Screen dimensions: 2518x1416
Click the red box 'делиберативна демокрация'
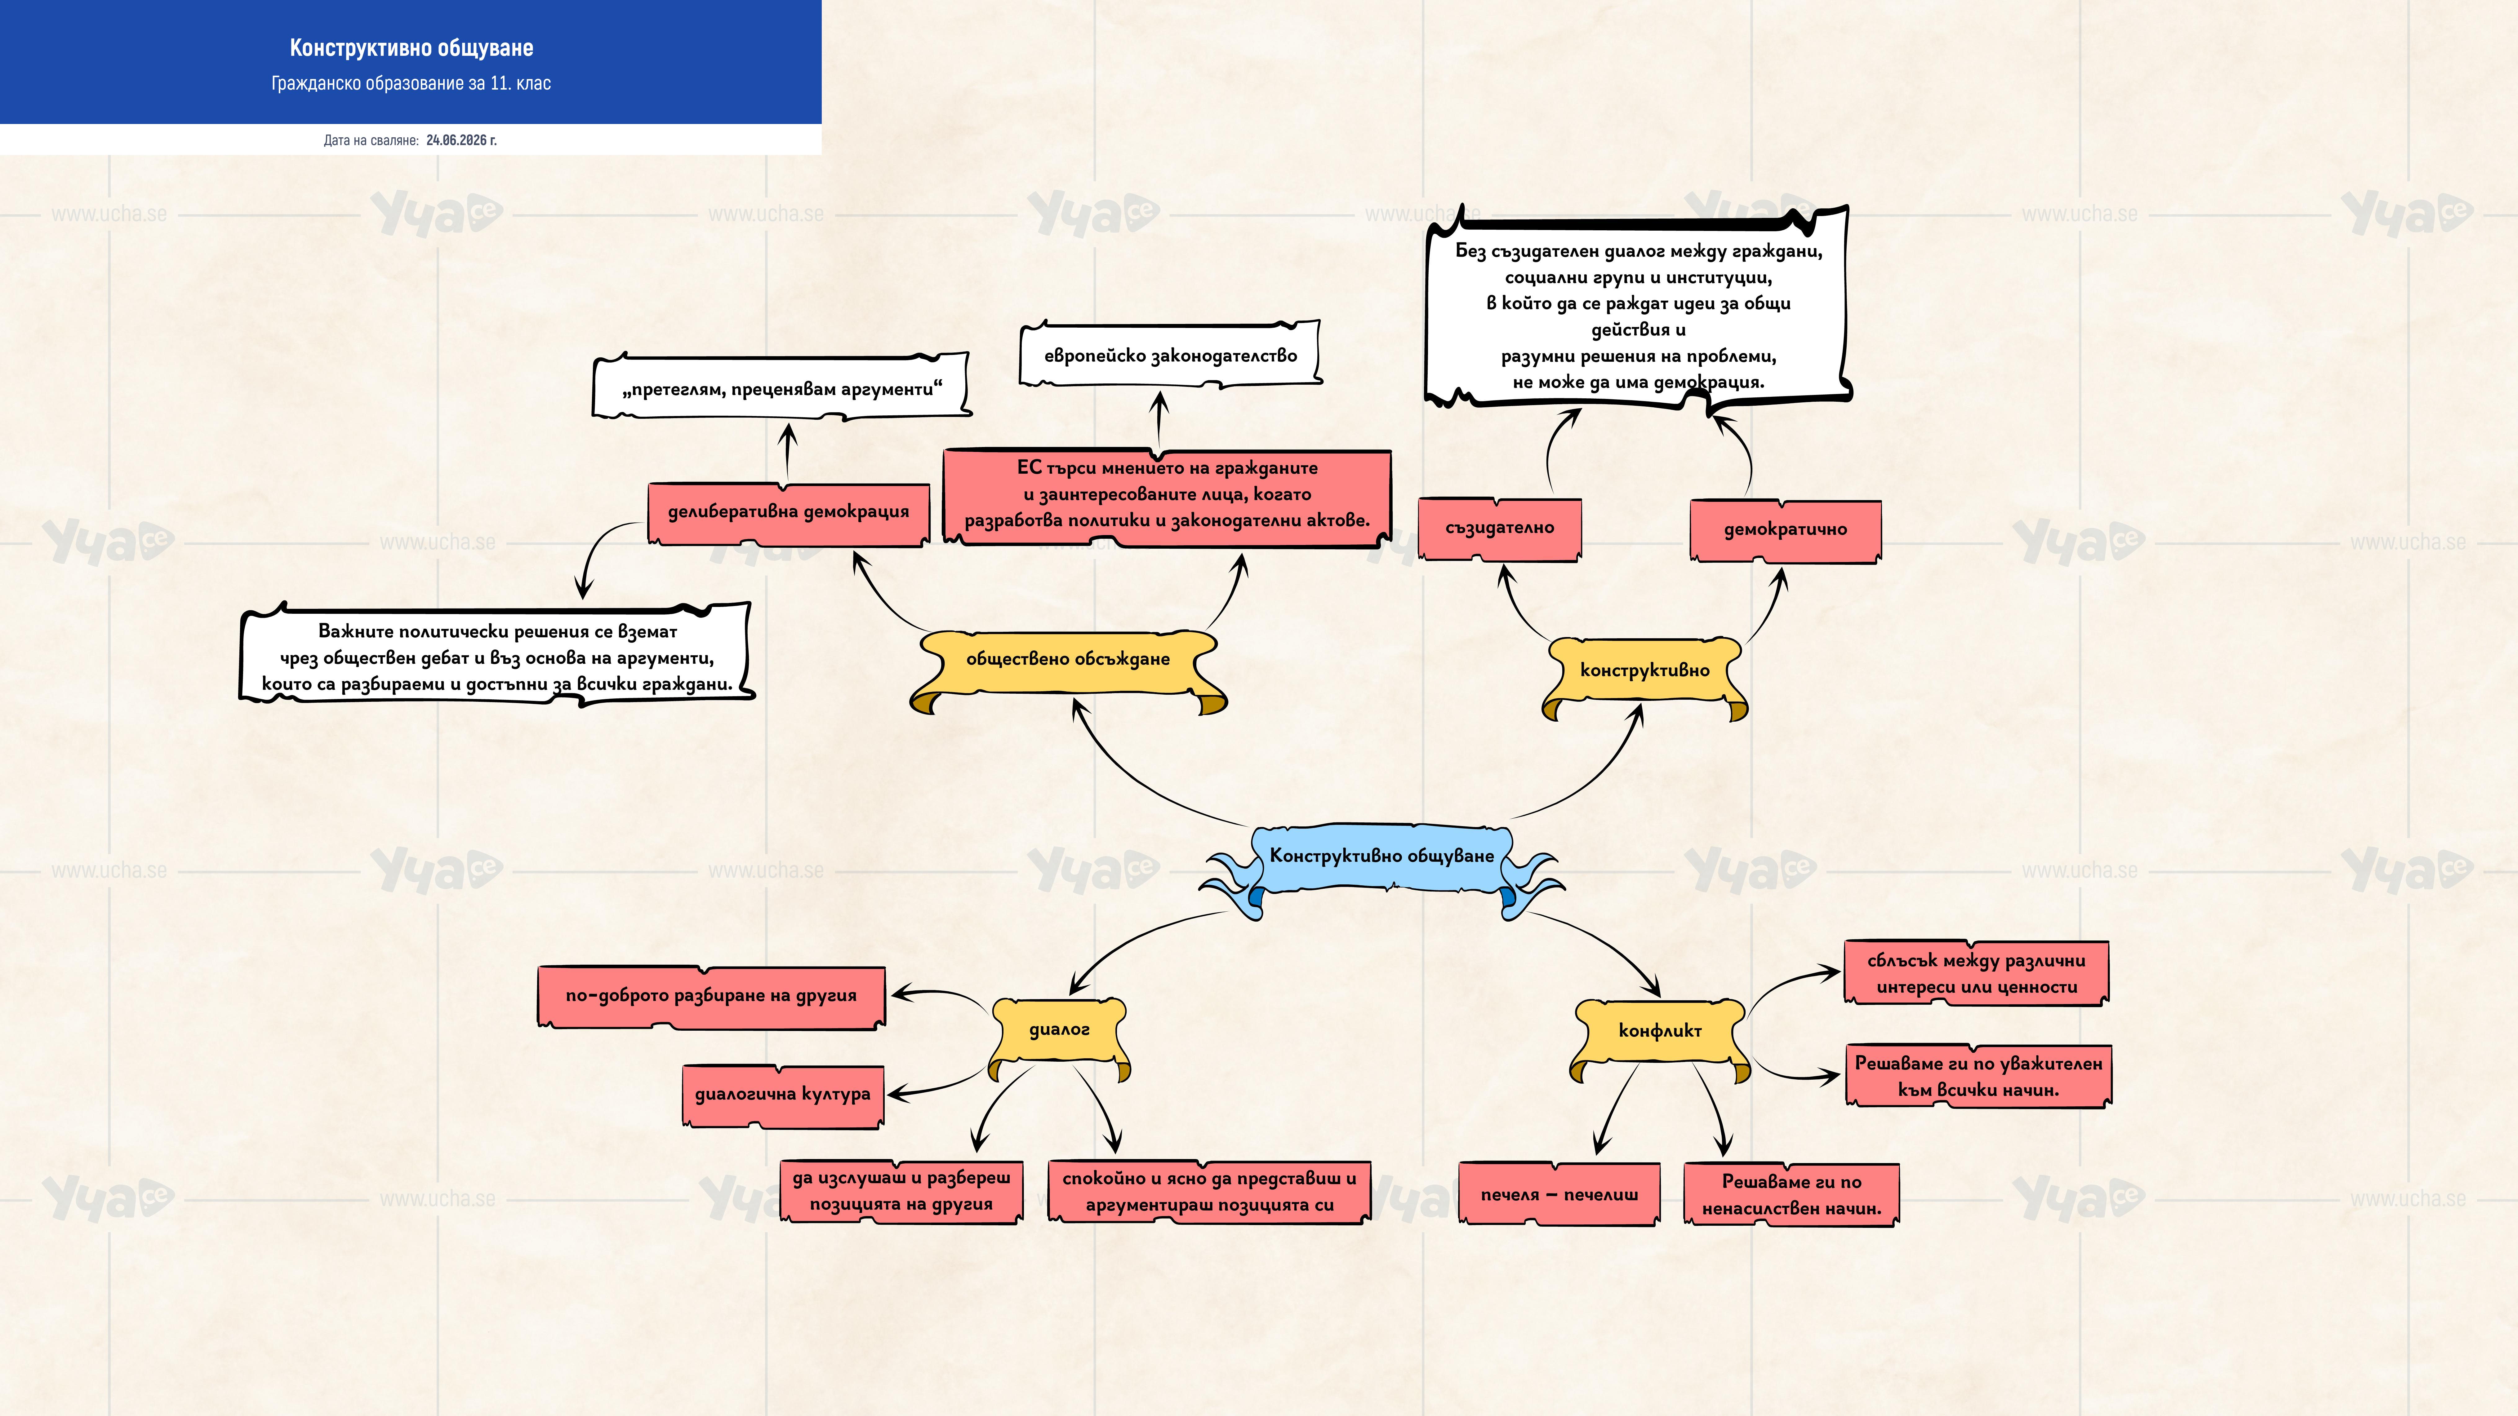point(788,513)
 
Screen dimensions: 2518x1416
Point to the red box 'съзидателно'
point(1499,529)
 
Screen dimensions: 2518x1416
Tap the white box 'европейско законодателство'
point(1170,355)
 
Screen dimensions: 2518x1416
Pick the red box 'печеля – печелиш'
point(1559,1194)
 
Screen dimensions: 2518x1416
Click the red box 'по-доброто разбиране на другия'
point(712,997)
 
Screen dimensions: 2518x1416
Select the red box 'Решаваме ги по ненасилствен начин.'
point(1792,1194)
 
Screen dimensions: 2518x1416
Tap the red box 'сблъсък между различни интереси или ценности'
point(1977,973)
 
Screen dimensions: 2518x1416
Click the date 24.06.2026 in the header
point(461,140)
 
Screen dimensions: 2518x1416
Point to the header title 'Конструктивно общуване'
point(412,48)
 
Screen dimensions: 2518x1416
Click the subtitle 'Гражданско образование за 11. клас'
point(412,83)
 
